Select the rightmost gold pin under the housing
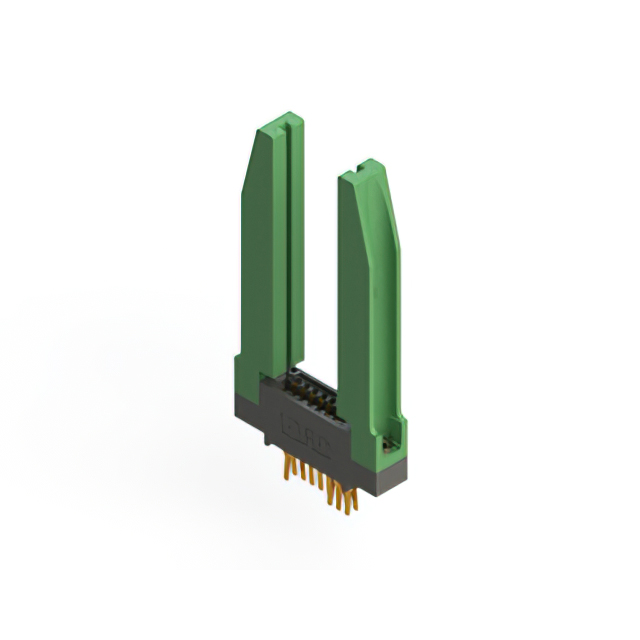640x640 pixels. pyautogui.click(x=349, y=500)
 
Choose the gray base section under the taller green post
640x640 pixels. pyautogui.click(x=246, y=405)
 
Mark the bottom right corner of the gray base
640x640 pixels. pyautogui.click(x=404, y=470)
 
